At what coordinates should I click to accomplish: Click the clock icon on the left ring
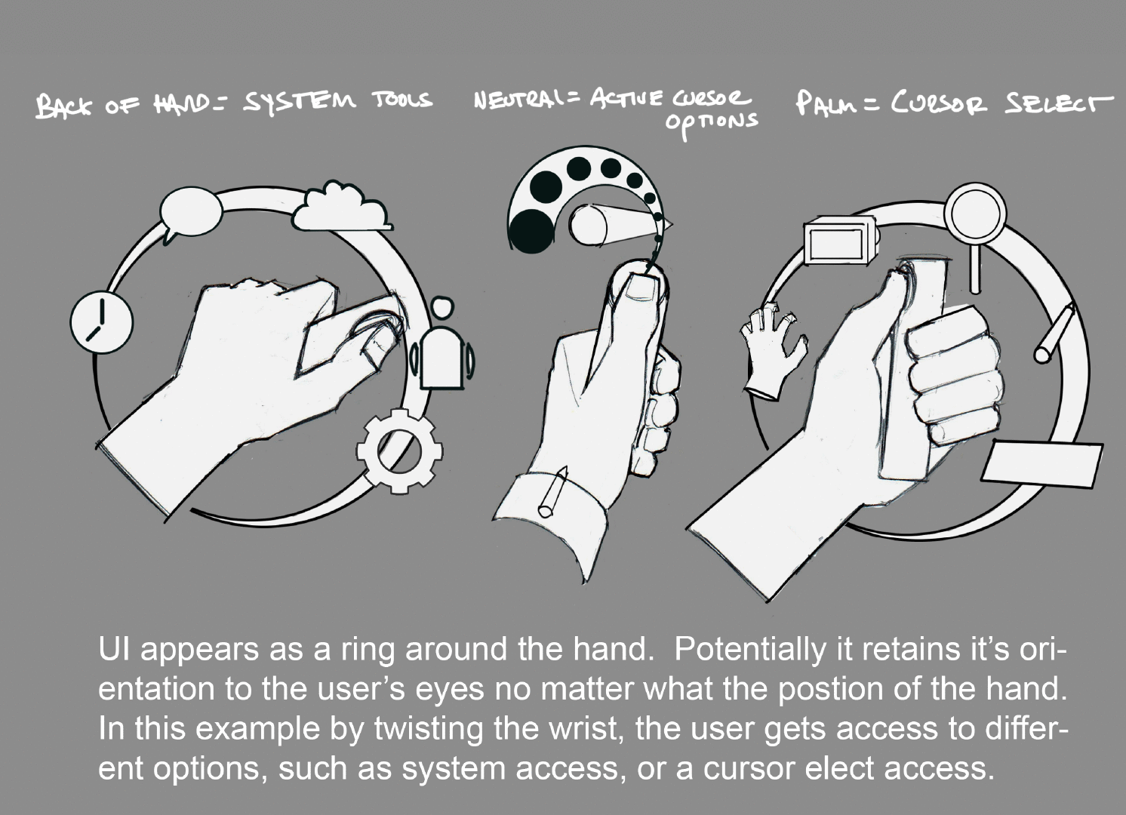[102, 321]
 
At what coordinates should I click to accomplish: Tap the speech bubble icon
[190, 214]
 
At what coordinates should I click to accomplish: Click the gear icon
[400, 451]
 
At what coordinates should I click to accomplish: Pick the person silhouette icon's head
[442, 307]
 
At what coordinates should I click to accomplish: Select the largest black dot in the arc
[531, 232]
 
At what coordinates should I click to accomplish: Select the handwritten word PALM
[826, 103]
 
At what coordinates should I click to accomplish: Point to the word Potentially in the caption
[751, 650]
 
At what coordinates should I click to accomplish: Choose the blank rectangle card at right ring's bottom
[1042, 463]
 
